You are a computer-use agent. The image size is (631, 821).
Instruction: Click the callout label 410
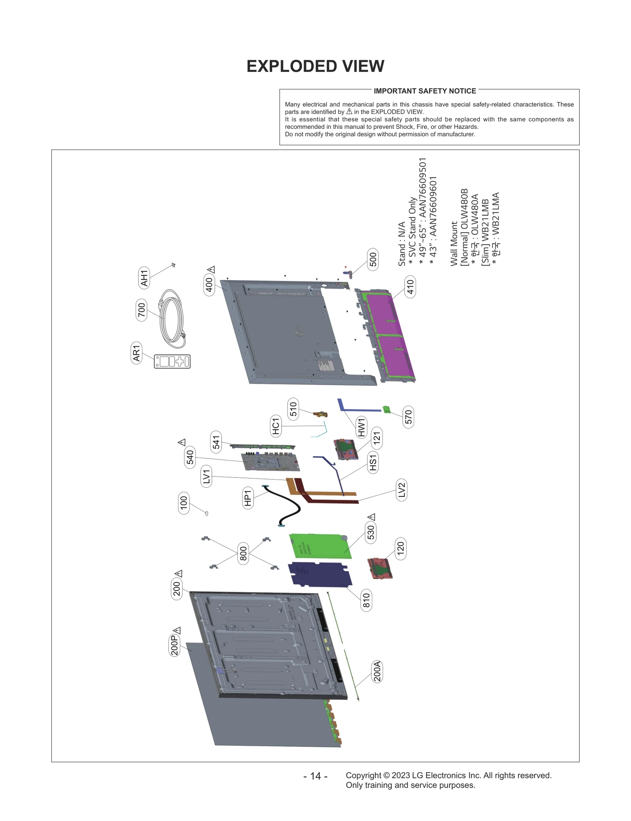pyautogui.click(x=410, y=287)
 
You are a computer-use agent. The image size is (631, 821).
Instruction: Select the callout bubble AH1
pyautogui.click(x=144, y=278)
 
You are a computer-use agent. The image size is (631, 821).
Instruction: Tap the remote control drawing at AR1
pyautogui.click(x=172, y=361)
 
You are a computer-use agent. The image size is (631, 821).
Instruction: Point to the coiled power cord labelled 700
pyautogui.click(x=172, y=319)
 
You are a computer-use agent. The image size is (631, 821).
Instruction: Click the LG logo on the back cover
pyautogui.click(x=298, y=331)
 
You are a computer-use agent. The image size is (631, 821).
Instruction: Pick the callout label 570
pyautogui.click(x=408, y=417)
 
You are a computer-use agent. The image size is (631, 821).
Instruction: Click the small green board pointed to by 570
pyautogui.click(x=387, y=410)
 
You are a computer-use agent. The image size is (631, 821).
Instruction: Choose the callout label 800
pyautogui.click(x=243, y=553)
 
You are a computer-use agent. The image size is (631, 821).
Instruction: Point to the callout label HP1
pyautogui.click(x=248, y=498)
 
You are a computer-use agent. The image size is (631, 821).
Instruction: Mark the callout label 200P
pyautogui.click(x=174, y=645)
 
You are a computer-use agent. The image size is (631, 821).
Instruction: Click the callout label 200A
pyautogui.click(x=377, y=671)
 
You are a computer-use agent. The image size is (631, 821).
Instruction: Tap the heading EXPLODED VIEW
pyautogui.click(x=315, y=66)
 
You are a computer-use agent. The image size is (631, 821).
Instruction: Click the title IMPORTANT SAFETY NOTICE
pyautogui.click(x=424, y=91)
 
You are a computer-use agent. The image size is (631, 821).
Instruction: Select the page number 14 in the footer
pyautogui.click(x=315, y=776)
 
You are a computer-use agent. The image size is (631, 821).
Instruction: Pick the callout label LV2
pyautogui.click(x=401, y=490)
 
